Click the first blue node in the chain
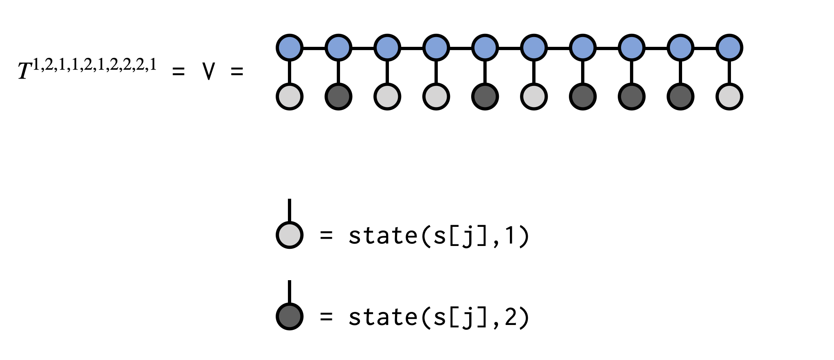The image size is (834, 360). coord(290,48)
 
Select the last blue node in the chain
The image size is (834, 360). coord(729,48)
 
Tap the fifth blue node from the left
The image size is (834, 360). coord(485,48)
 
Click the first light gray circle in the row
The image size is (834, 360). coord(290,97)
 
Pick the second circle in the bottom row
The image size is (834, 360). coord(338,97)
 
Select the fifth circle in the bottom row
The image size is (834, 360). coord(485,97)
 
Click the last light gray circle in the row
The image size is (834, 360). coord(729,97)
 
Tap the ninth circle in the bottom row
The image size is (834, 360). coord(680,97)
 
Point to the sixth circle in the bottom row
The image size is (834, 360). coord(534,97)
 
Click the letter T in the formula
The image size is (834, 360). coord(24,71)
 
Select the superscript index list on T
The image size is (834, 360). coord(94,65)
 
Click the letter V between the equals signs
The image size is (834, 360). coord(208,72)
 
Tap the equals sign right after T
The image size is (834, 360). coord(178,72)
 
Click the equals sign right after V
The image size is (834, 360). coord(237,72)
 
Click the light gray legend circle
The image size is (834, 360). coord(290,235)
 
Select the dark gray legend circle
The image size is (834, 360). coord(290,316)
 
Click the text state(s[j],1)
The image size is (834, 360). coord(439,236)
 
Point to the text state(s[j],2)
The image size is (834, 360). coord(439,317)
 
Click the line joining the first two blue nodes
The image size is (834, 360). coord(314,48)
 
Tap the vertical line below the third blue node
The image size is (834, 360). coord(387,72)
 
